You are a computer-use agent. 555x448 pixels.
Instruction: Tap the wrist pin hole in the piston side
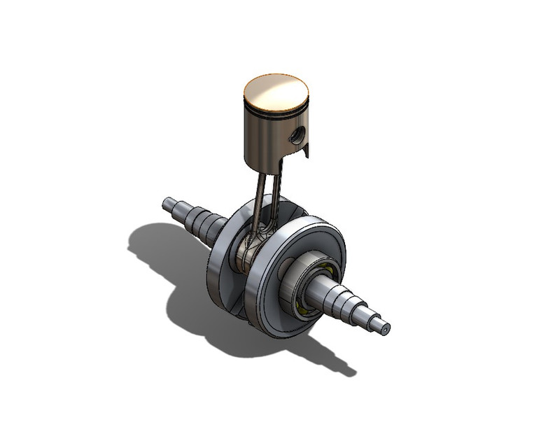[x=298, y=135]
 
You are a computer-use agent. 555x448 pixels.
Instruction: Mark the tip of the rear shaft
[x=167, y=203]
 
